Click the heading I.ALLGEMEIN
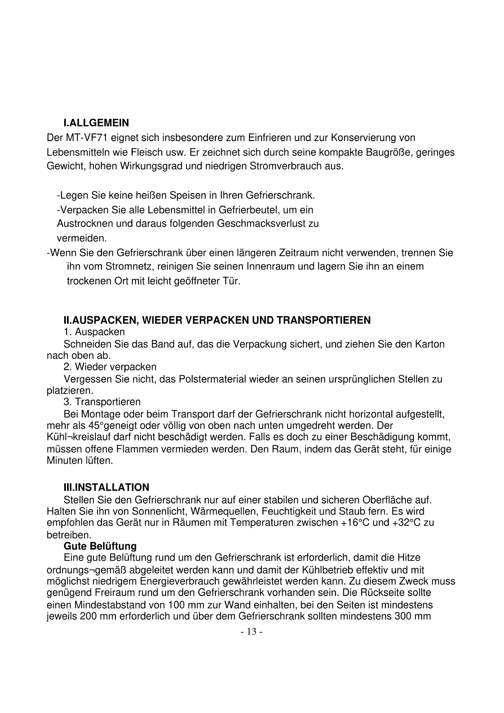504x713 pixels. [96, 123]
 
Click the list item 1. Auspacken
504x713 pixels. [94, 332]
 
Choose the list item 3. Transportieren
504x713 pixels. [102, 402]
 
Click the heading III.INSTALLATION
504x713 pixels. [106, 487]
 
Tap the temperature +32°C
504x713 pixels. [406, 522]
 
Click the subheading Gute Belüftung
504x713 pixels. [100, 546]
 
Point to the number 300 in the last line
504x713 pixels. [402, 616]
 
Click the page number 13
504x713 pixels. [252, 632]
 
